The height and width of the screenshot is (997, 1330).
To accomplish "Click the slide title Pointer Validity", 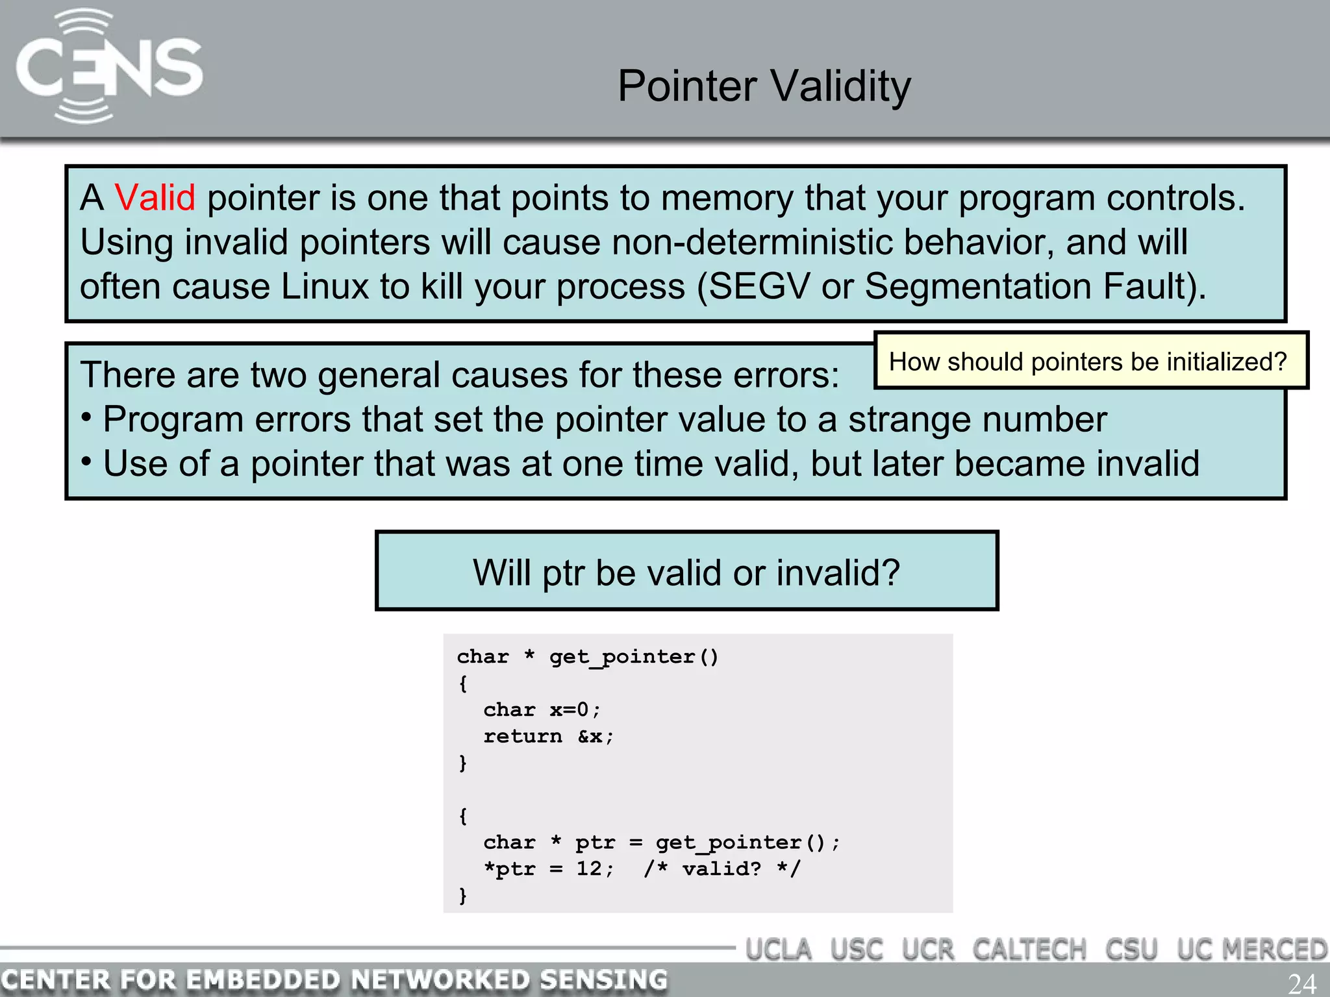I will tap(764, 86).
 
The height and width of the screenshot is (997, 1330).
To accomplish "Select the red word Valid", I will tap(155, 197).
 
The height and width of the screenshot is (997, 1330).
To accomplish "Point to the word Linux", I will tap(325, 286).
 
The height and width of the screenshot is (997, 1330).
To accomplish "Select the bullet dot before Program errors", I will tap(86, 417).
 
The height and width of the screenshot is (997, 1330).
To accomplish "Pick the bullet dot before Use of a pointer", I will tap(86, 462).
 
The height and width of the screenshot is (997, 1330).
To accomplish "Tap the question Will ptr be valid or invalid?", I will tap(686, 572).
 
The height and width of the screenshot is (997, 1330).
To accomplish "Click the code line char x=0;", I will tap(542, 709).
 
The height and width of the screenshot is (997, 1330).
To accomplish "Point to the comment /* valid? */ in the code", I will tap(722, 868).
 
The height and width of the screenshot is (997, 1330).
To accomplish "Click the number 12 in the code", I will tap(589, 868).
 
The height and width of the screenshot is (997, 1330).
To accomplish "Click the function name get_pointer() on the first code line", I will tap(633, 657).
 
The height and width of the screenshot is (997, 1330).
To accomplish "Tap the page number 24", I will tap(1301, 983).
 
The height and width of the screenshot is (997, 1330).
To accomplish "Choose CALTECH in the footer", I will tap(1029, 950).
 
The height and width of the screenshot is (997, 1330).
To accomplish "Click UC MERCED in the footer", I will tap(1251, 950).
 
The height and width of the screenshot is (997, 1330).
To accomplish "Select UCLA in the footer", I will tap(778, 950).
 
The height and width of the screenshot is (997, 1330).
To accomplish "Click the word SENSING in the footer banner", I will tap(603, 979).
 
